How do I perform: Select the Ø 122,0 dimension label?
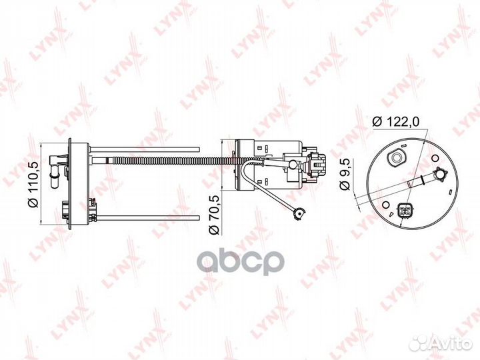pos(395,122)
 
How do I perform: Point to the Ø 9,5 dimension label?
pos(345,174)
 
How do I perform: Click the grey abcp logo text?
pos(241,262)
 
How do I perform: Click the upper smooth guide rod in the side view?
pos(145,149)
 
